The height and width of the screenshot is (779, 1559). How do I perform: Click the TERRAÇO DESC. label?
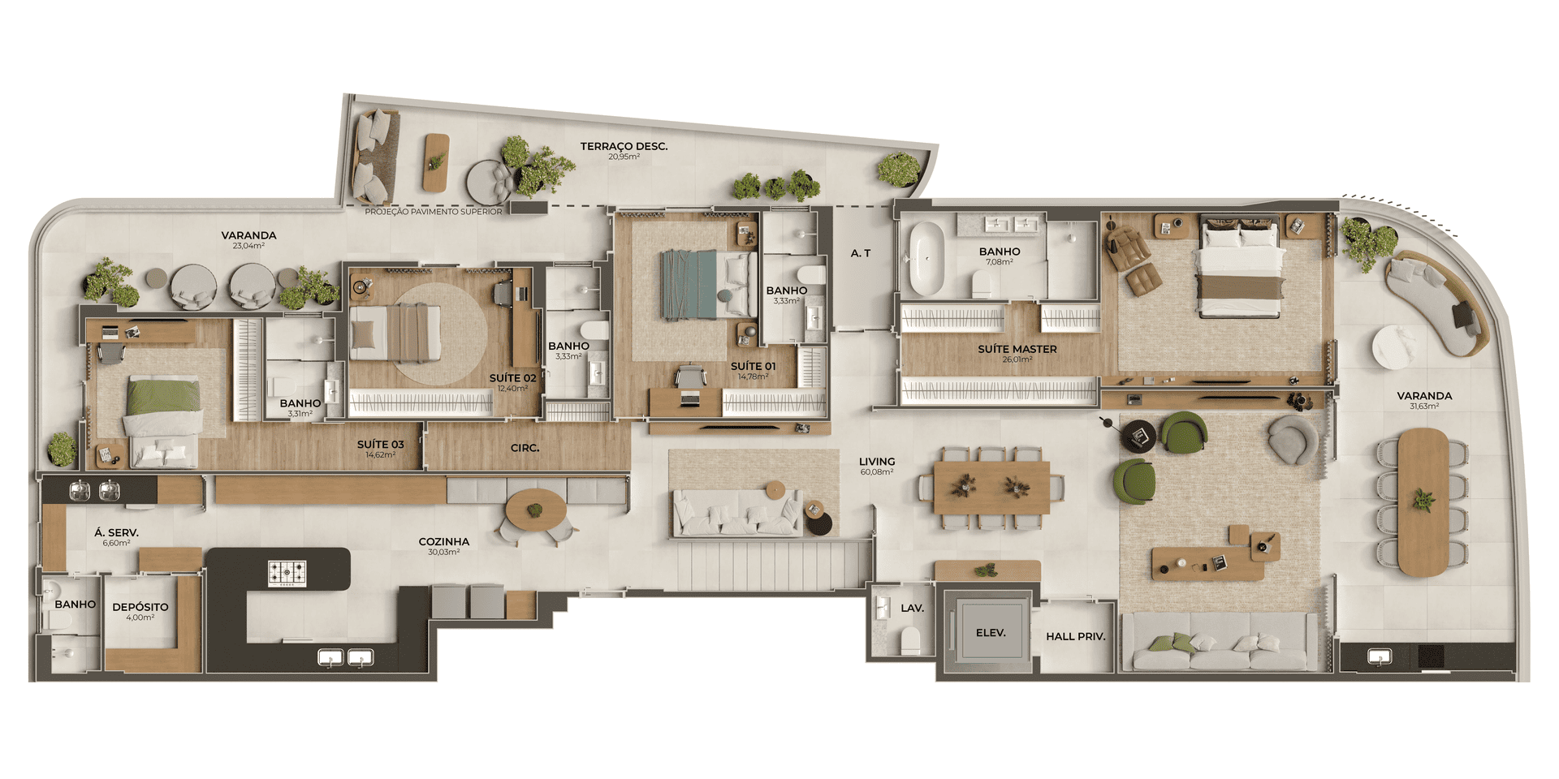(624, 147)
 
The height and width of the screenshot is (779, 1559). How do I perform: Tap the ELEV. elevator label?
(991, 633)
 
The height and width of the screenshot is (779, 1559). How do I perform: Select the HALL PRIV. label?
(1076, 637)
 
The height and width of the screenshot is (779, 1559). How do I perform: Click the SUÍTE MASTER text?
(1017, 349)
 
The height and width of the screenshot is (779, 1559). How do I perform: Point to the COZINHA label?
(444, 541)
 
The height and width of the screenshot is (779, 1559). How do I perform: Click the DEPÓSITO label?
(140, 607)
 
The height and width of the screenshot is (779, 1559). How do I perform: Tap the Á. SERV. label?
(116, 532)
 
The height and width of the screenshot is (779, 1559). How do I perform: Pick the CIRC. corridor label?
(525, 448)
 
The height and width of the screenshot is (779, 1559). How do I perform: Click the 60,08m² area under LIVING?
(877, 471)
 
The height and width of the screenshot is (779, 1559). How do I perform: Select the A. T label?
(861, 253)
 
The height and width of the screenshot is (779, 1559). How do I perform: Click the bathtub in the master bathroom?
(926, 259)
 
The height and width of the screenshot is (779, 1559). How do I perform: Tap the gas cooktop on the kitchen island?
(287, 573)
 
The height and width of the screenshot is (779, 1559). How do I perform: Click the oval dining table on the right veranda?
(1423, 501)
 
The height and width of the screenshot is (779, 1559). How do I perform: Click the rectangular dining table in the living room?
(991, 488)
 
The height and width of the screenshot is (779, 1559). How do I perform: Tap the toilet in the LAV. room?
(910, 642)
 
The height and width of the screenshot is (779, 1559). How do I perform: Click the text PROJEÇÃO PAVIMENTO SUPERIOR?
(434, 212)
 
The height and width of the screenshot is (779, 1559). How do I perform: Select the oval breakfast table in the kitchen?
(536, 510)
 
